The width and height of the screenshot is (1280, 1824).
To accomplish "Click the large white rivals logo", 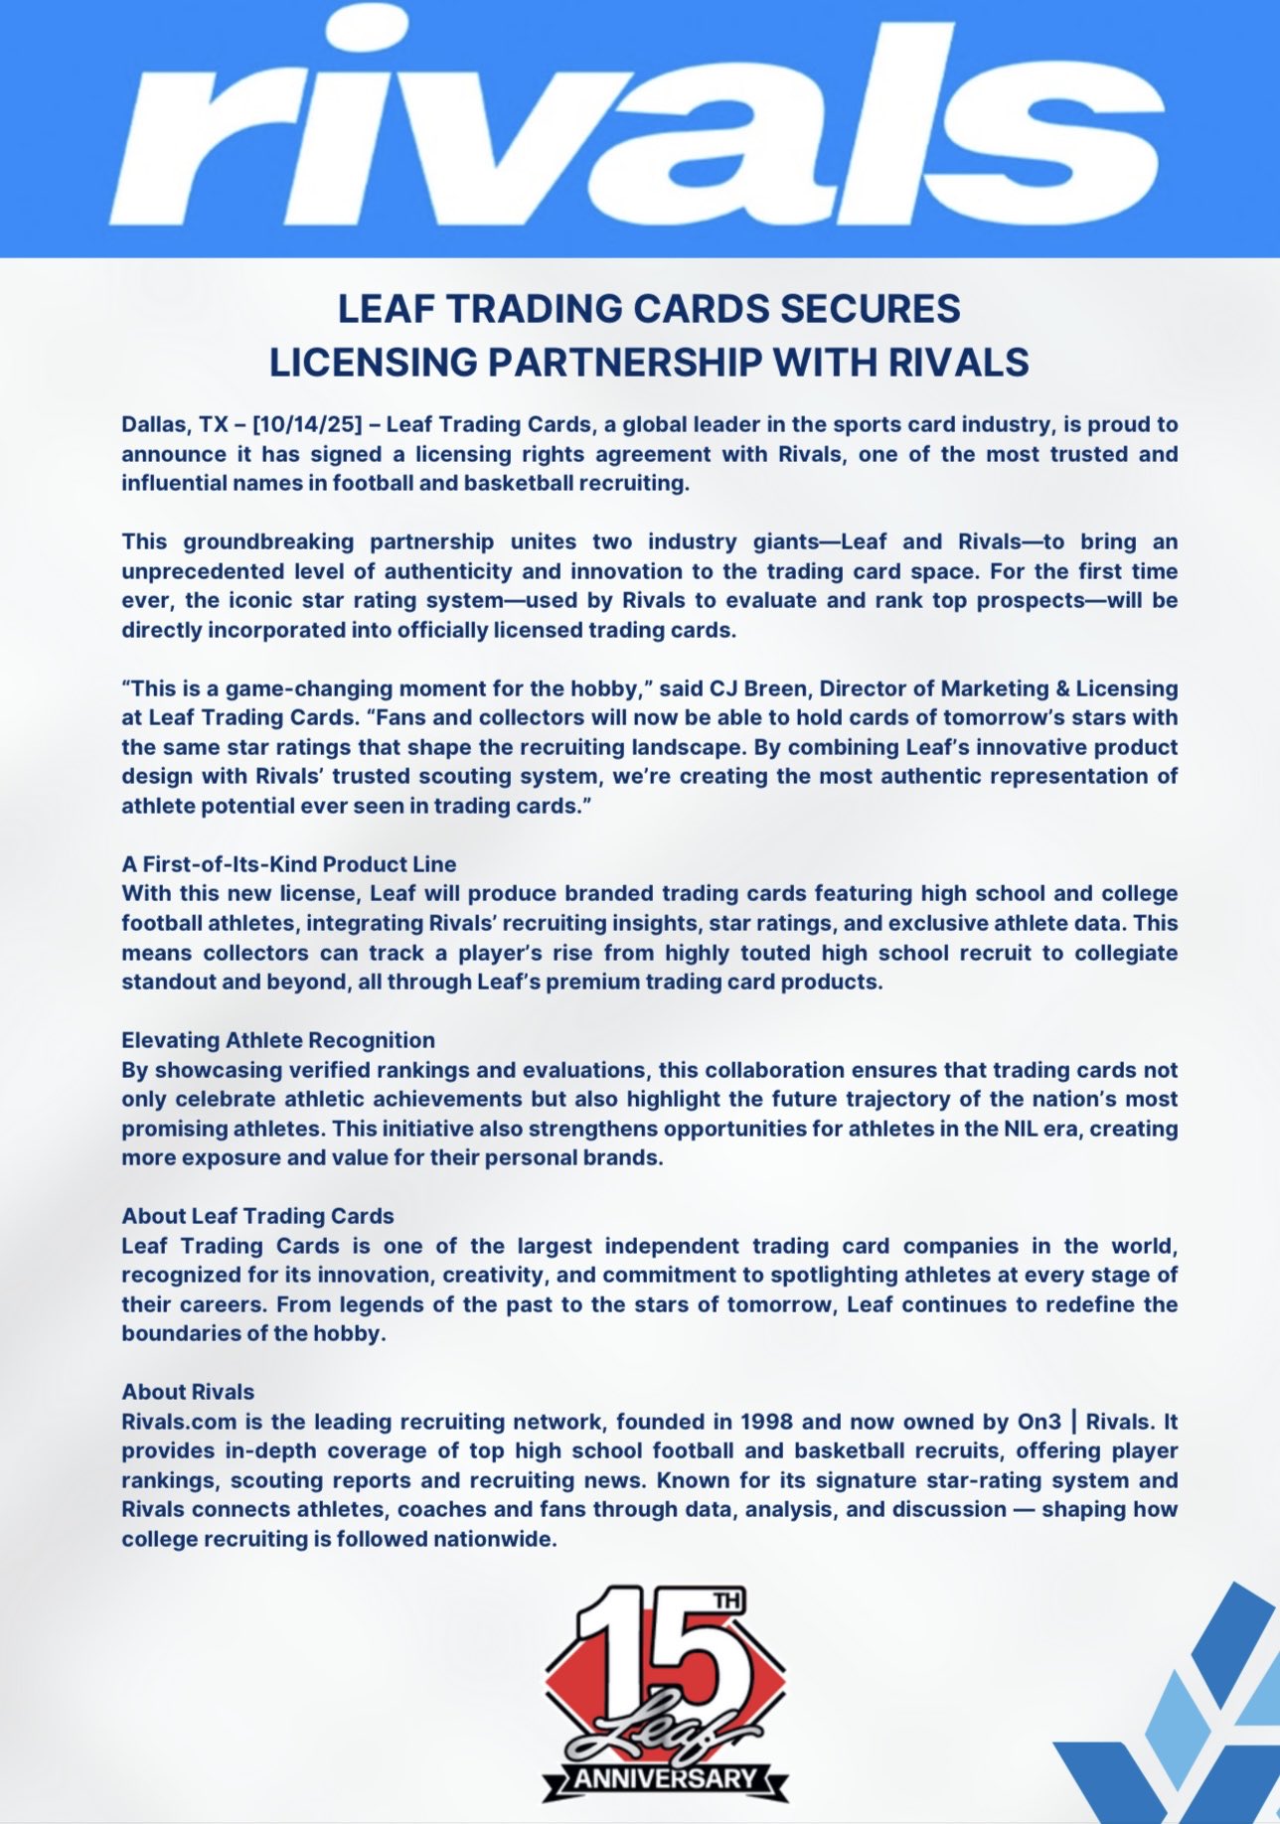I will pos(636,124).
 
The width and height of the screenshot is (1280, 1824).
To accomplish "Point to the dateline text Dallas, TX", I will pos(175,425).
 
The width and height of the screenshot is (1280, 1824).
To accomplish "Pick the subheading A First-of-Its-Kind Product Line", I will pos(289,864).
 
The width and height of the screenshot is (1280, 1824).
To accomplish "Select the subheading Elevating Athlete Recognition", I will pos(278,1040).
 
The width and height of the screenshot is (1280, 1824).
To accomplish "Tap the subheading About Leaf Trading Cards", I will pos(257,1216).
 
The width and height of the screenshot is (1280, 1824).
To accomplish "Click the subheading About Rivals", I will pos(188,1392).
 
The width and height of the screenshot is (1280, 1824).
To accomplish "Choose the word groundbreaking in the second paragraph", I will pos(268,542).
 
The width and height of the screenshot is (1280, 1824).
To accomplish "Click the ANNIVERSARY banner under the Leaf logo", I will pos(664,1777).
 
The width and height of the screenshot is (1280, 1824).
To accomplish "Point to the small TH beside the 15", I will pos(726,1601).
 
